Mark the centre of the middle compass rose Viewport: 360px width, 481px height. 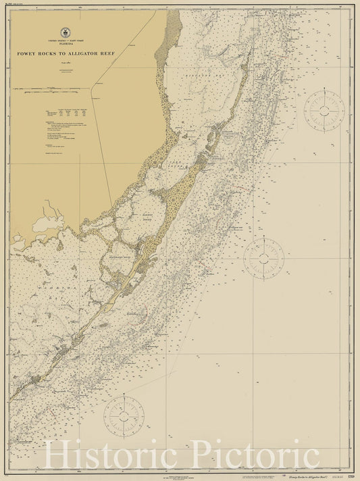(x=264, y=257)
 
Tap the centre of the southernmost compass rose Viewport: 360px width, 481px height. (x=124, y=415)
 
